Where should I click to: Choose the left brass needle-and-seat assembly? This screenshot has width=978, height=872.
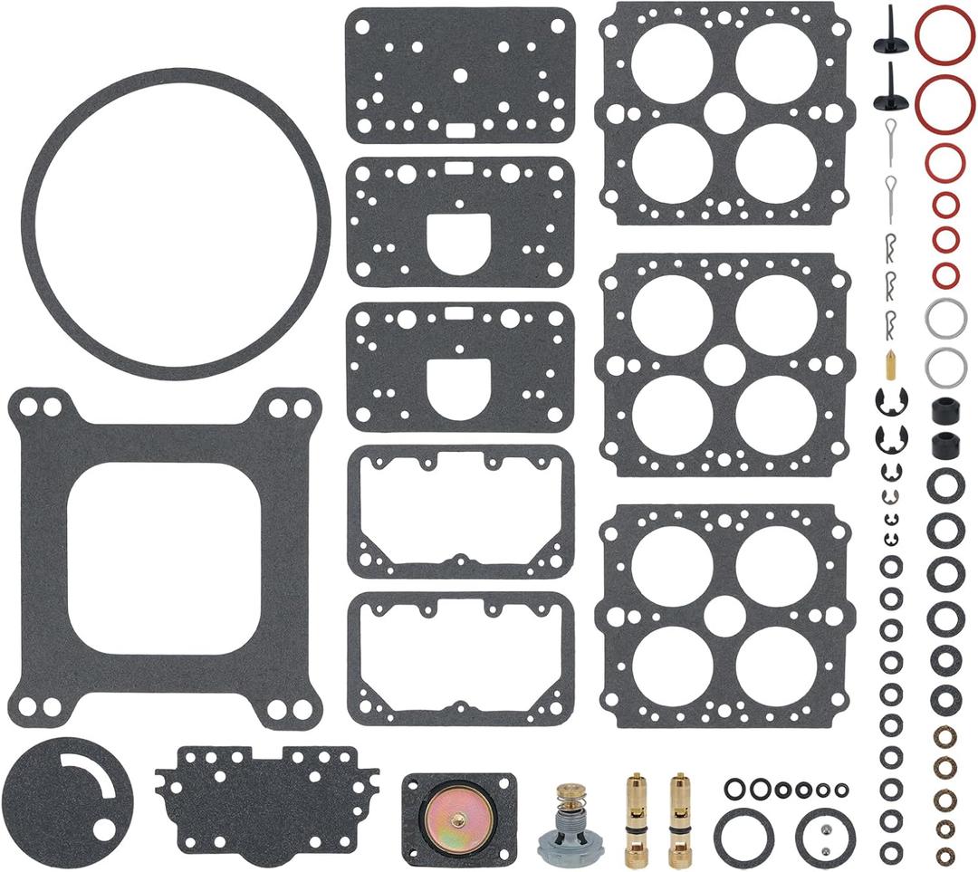636,818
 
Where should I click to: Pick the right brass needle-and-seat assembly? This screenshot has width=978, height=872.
679,818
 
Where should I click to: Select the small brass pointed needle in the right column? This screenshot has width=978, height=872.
890,366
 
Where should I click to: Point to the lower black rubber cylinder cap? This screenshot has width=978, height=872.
945,445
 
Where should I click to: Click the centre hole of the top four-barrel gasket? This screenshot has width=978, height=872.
724,114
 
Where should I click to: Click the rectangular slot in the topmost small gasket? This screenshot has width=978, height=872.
460,128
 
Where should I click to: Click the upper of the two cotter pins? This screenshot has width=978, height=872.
890,136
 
